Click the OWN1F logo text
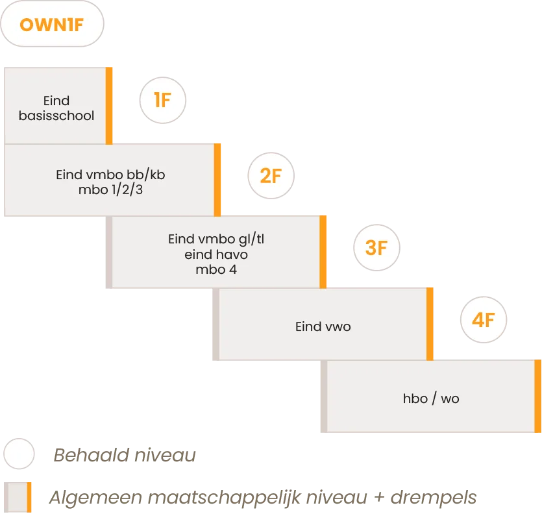click(52, 25)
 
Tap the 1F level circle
click(163, 100)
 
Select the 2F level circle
click(271, 176)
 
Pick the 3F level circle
click(376, 247)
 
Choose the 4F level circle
click(484, 320)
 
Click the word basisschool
click(56, 116)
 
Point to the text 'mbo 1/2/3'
click(110, 190)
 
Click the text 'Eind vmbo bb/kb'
click(110, 175)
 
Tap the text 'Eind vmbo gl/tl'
click(216, 239)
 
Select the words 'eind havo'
click(216, 255)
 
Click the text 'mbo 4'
click(216, 269)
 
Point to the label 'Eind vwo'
click(323, 326)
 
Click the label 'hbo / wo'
click(431, 398)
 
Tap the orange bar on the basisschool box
click(109, 106)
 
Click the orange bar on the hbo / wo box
click(538, 396)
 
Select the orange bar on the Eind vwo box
click(430, 324)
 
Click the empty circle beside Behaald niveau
click(19, 454)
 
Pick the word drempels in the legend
click(434, 498)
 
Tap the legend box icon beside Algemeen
click(18, 497)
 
